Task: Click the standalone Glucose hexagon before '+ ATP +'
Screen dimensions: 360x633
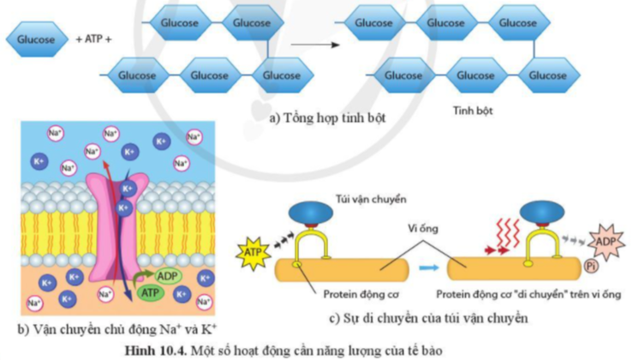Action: click(37, 39)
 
